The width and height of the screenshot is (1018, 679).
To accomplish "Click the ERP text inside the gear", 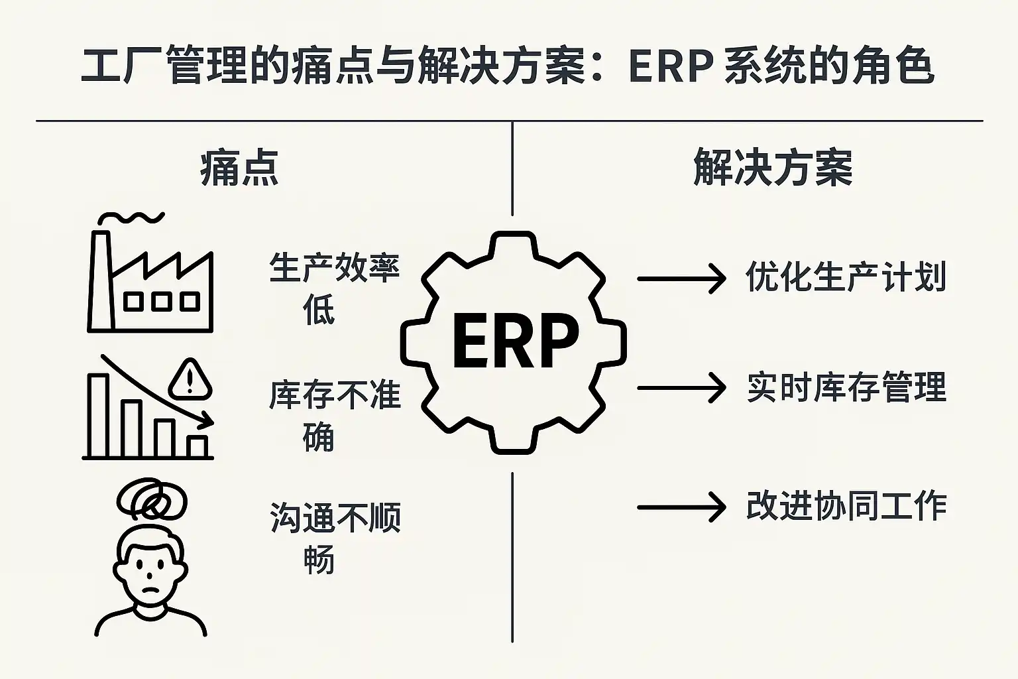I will point(515,342).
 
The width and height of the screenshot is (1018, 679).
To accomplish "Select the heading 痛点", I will point(239,168).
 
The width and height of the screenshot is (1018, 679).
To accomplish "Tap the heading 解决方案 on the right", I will point(773,168).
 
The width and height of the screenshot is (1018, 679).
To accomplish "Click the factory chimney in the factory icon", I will point(100,278).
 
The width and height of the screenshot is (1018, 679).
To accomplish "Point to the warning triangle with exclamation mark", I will point(190,381).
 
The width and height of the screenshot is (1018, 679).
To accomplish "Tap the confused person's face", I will point(150,570).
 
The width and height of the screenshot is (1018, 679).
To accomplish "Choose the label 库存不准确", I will point(334,415).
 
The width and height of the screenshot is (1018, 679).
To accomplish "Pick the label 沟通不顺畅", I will point(334,537).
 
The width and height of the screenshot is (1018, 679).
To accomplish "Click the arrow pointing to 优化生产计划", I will point(681,278).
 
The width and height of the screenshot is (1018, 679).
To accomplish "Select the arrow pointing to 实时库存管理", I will point(681,388).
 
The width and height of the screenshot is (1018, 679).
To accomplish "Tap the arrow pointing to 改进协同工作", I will point(681,508).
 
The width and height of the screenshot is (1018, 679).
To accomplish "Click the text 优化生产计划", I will point(846,277).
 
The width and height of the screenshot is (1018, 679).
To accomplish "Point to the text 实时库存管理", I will point(846,387).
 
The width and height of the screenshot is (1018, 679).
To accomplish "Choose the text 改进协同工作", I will point(846,507).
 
